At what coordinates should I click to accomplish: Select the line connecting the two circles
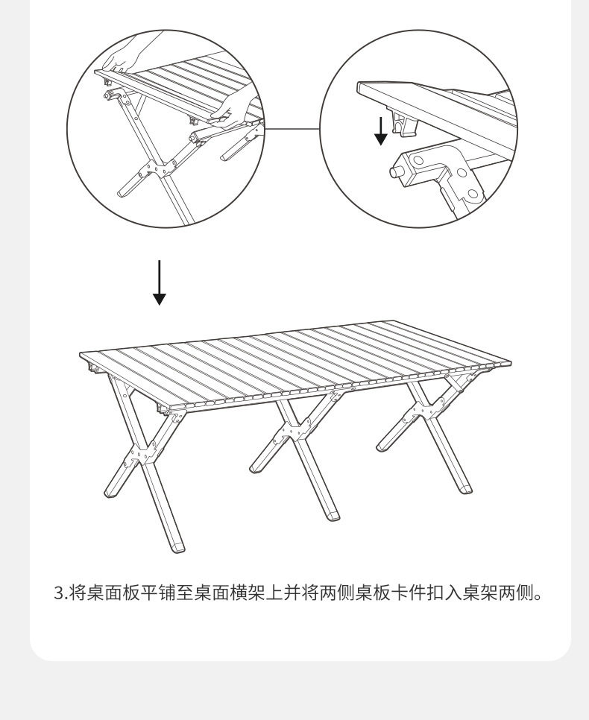point(292,127)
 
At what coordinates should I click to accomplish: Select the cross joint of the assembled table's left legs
point(141,457)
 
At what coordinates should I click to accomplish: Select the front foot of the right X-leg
point(464,489)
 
